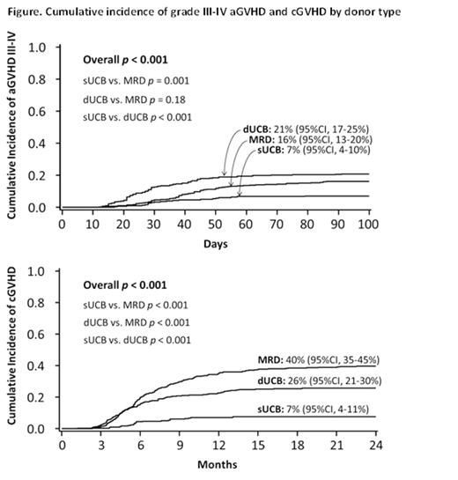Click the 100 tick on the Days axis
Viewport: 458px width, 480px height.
click(x=367, y=225)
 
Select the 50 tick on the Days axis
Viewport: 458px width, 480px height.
click(x=215, y=225)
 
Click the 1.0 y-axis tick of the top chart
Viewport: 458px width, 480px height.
click(x=39, y=47)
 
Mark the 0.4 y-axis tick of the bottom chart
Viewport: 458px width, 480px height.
click(x=39, y=366)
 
